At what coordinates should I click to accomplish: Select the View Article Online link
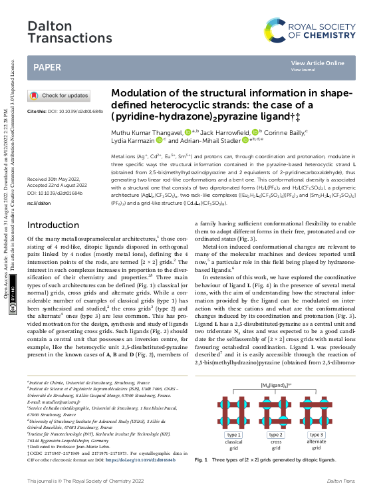(317, 63)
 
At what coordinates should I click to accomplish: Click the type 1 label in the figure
(233, 435)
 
